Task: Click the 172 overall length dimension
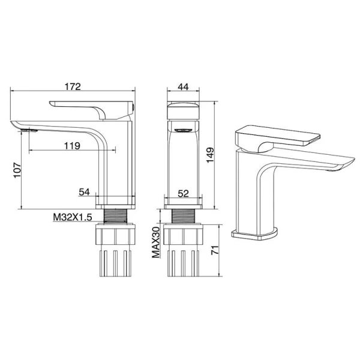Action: point(73,87)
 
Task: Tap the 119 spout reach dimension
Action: point(72,146)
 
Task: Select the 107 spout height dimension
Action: point(17,170)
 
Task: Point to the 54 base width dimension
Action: point(84,192)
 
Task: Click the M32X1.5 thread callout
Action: point(73,217)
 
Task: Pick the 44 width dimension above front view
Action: point(183,87)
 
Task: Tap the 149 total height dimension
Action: point(210,155)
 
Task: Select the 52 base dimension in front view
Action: point(183,194)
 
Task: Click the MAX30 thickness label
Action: point(156,242)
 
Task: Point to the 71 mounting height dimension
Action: point(215,250)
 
